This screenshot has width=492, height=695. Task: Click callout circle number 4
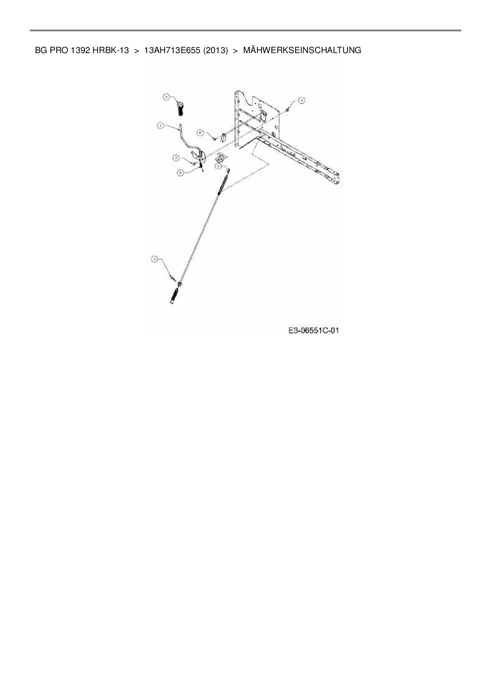[167, 96]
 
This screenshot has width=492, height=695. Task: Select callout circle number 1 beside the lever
[160, 125]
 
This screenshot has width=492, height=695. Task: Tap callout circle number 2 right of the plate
[302, 101]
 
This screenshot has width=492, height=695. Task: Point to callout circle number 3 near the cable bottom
[155, 259]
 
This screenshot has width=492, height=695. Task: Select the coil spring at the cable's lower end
[175, 294]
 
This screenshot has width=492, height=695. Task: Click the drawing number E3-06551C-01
[313, 330]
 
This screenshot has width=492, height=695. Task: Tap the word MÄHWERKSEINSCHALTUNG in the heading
[302, 50]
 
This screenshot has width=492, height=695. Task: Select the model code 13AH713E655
[172, 50]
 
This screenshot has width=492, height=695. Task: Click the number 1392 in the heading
[81, 50]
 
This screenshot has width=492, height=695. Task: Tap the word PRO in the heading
[59, 50]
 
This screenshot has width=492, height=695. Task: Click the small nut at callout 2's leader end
[289, 109]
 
